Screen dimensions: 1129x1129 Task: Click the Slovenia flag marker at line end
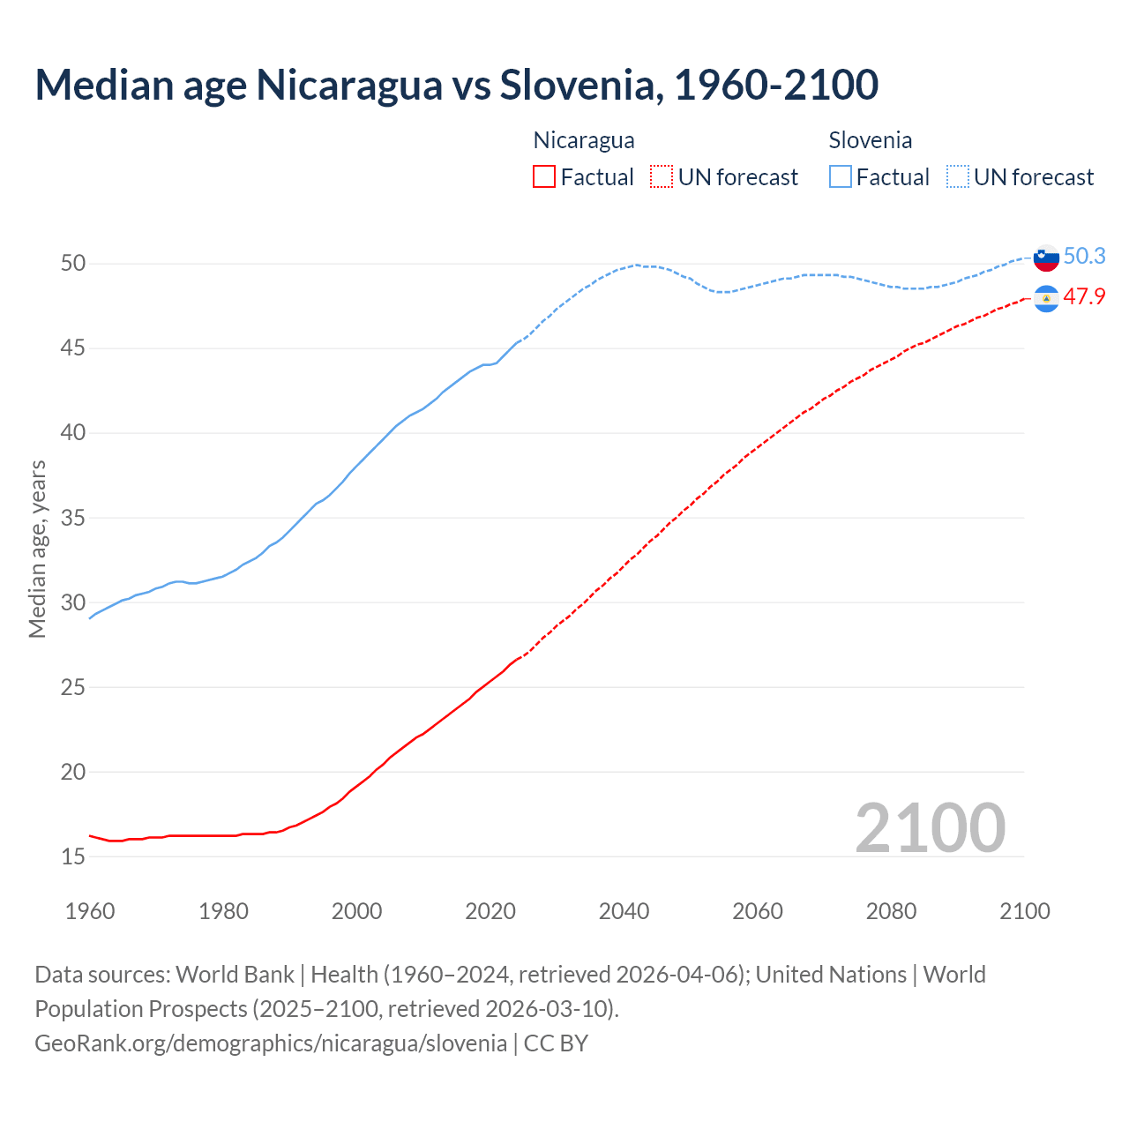tap(1046, 258)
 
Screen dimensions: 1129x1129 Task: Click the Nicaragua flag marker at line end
tap(1046, 300)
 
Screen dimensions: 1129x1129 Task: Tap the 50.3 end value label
tap(1084, 256)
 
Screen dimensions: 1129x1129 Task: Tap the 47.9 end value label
tap(1084, 296)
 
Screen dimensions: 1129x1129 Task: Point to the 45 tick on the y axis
tap(73, 348)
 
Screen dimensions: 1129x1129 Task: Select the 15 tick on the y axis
tap(73, 856)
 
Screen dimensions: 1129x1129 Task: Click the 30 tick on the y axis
tap(73, 602)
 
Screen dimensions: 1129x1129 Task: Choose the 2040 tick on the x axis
tap(624, 911)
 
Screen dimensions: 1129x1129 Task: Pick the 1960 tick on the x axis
tap(90, 911)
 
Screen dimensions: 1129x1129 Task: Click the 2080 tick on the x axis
tap(891, 911)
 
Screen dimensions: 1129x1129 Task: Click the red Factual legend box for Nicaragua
tap(544, 177)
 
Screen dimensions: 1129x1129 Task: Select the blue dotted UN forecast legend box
tap(958, 177)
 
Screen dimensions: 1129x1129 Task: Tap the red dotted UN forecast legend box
tap(662, 177)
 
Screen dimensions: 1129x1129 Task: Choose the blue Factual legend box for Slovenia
tap(841, 177)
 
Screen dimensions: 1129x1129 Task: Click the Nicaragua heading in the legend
tap(584, 140)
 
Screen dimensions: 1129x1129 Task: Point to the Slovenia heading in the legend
tap(871, 140)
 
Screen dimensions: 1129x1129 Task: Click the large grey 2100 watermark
tap(930, 827)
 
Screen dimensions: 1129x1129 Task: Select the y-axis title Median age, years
tap(37, 549)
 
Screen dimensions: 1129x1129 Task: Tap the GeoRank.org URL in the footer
tap(271, 1043)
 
